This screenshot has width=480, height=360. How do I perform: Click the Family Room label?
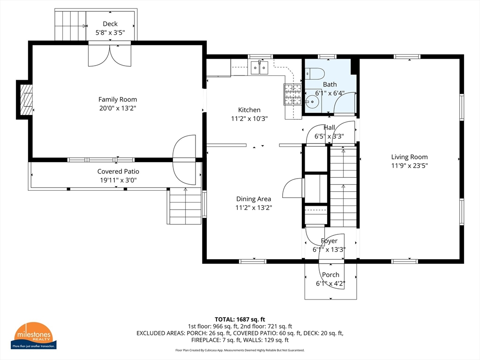(x=118, y=99)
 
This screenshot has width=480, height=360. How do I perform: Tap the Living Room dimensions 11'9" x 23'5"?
(x=409, y=165)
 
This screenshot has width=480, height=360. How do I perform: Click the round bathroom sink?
(x=312, y=102)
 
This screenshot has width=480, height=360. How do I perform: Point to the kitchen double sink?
(x=259, y=67)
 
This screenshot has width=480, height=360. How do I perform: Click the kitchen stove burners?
(x=292, y=94)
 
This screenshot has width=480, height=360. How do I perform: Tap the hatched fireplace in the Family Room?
(x=26, y=99)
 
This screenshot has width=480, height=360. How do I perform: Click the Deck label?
(x=110, y=24)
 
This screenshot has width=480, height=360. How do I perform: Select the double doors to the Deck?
(x=110, y=55)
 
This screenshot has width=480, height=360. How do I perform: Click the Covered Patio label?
(x=118, y=172)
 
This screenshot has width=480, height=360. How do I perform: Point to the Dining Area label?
(x=254, y=199)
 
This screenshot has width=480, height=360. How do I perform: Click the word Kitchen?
(x=249, y=110)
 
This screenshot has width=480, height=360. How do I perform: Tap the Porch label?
(x=330, y=275)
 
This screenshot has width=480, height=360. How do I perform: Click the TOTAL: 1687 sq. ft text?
(x=240, y=320)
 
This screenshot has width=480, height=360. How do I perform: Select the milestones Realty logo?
(x=33, y=336)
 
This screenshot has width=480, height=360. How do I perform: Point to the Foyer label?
(x=329, y=241)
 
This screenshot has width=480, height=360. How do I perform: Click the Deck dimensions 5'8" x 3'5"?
(x=110, y=33)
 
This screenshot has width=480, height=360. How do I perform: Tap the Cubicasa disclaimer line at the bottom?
(x=240, y=350)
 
